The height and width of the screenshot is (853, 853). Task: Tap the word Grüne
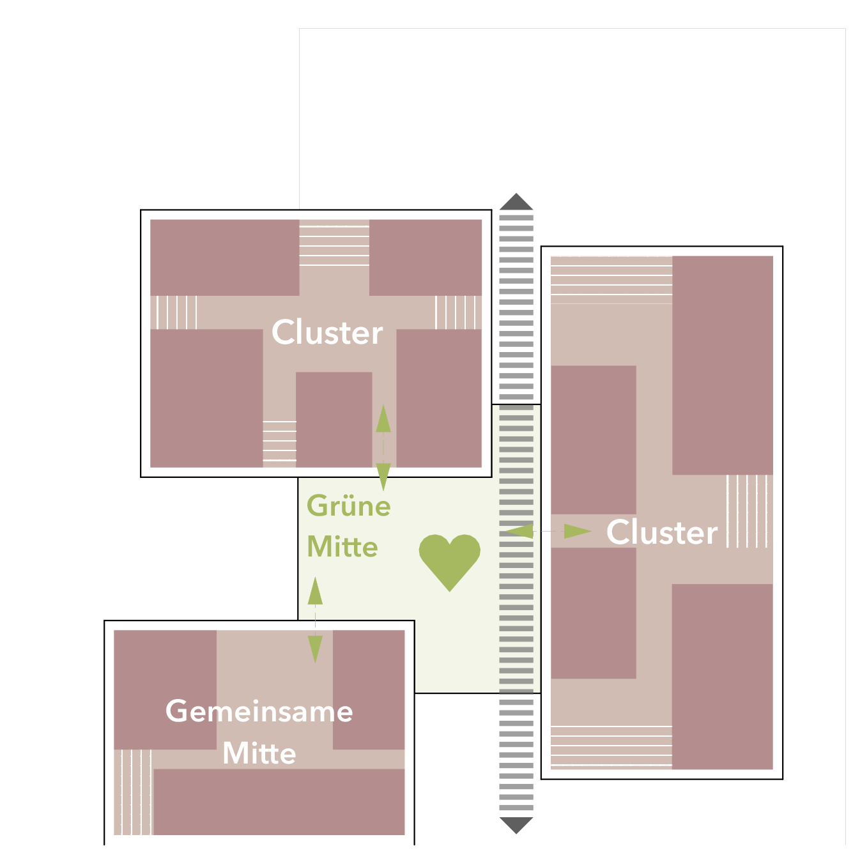[x=348, y=505]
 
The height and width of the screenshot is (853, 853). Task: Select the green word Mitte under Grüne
[x=342, y=547]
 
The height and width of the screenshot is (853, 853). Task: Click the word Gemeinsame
[x=259, y=711]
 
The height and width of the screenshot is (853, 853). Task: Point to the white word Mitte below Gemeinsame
[x=259, y=753]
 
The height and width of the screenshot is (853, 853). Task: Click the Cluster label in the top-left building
[x=327, y=332]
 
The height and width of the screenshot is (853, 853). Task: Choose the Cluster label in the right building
[x=662, y=532]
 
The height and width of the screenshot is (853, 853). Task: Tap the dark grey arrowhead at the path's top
[x=516, y=202]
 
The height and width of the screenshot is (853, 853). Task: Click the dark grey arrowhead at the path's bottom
[x=516, y=825]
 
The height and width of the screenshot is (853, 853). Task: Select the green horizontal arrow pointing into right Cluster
[x=548, y=531]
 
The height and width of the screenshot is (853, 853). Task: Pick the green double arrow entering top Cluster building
[x=383, y=447]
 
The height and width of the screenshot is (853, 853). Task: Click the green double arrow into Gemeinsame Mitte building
[x=315, y=620]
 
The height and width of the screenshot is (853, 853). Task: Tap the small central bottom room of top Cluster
[x=334, y=420]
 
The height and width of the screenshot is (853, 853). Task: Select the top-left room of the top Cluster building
[x=224, y=257]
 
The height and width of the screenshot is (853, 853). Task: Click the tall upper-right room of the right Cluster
[x=723, y=365]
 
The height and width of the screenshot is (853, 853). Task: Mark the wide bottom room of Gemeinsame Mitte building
[x=279, y=802]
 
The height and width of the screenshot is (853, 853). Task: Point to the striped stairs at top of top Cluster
[x=334, y=245]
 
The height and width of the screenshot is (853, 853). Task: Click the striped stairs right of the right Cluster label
[x=747, y=511]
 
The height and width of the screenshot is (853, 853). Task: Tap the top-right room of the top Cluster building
[x=426, y=257]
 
